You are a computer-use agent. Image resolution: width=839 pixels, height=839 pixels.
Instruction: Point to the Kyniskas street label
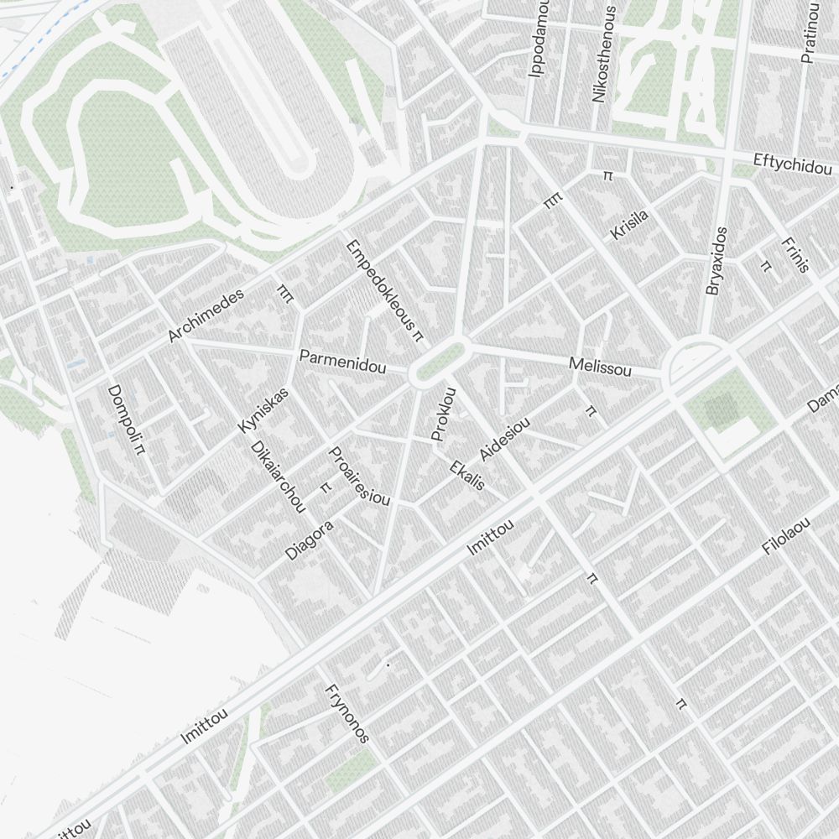(263, 410)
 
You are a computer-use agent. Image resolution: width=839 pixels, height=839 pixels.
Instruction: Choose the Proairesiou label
(359, 476)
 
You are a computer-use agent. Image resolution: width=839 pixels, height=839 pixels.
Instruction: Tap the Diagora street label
(310, 540)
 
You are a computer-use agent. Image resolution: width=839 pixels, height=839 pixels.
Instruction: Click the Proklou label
(442, 414)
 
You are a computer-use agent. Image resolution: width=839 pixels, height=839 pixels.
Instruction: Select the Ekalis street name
(467, 475)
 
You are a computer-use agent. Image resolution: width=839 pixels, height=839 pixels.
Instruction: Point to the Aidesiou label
(505, 440)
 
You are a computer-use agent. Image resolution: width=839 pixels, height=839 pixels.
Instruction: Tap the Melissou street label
(600, 366)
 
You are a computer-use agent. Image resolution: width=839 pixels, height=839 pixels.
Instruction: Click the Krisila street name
(630, 225)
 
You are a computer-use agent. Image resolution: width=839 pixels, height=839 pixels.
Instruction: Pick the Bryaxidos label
(716, 261)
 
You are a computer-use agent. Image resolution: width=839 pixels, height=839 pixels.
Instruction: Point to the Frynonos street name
(347, 713)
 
